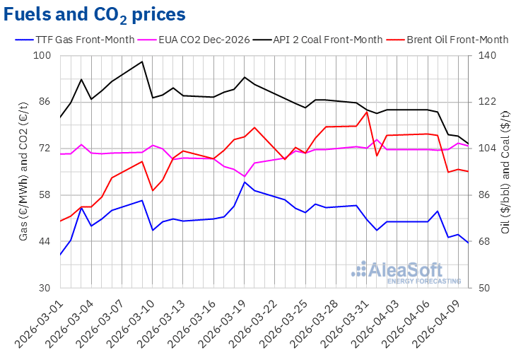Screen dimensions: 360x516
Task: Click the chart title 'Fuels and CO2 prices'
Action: coord(96,14)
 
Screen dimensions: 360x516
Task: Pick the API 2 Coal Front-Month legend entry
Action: coord(327,39)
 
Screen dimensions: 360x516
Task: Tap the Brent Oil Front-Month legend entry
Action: coord(457,39)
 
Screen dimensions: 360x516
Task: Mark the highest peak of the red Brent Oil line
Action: coord(367,112)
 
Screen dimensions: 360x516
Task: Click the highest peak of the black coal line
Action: coord(142,62)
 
